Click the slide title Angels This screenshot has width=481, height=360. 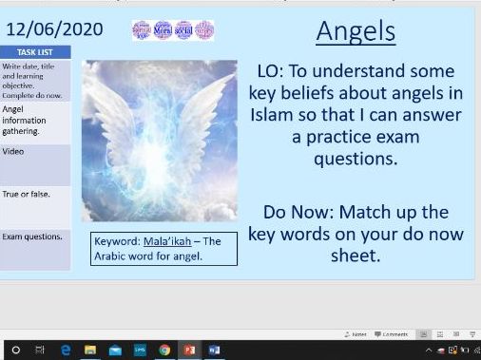coord(355,30)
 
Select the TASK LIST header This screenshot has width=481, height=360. coord(34,53)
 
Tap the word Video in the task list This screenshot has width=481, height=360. coord(13,151)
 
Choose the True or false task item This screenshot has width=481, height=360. coord(26,194)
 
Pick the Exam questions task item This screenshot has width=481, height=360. coord(31,237)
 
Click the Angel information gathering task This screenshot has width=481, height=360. coord(24,120)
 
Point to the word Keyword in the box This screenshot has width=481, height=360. coord(116,241)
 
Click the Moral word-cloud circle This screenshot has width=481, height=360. coord(163,29)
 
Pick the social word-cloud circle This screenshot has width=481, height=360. coord(183,29)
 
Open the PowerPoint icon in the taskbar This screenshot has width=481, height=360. coord(189,350)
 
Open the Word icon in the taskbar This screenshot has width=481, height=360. coord(214,350)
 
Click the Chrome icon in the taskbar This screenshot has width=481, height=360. coord(164,350)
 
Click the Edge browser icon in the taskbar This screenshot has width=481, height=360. coord(66,350)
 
